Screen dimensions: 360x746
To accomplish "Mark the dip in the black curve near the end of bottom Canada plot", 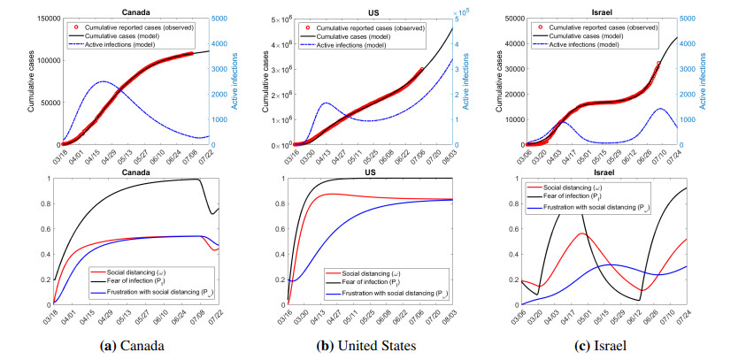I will pyautogui.click(x=211, y=213).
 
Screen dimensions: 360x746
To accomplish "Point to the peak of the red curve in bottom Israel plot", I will pyautogui.click(x=581, y=234).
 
